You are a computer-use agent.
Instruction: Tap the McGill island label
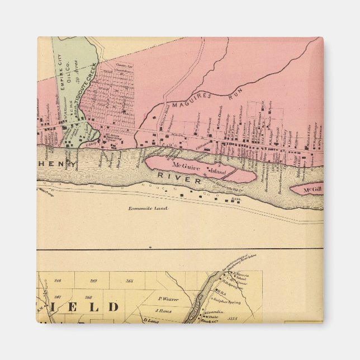(x=312, y=190)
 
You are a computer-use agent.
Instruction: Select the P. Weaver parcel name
(x=167, y=299)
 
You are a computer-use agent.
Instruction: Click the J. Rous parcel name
(x=163, y=310)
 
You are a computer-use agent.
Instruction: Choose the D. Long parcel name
(x=151, y=320)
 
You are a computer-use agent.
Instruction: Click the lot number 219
(x=93, y=280)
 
